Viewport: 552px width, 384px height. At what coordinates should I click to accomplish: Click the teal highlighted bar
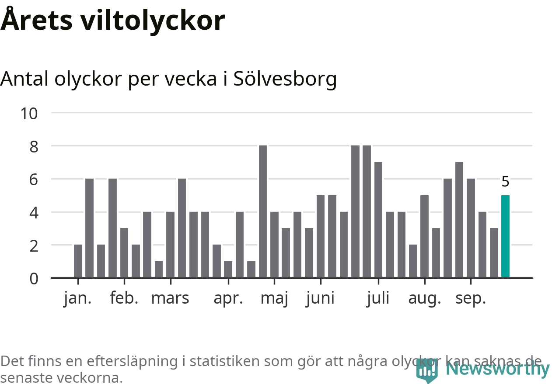tap(505, 236)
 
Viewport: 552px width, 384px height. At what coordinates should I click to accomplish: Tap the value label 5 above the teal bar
tap(505, 181)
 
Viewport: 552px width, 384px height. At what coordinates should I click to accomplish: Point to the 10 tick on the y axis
tap(29, 114)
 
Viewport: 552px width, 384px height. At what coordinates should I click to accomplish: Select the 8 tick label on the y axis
tap(34, 146)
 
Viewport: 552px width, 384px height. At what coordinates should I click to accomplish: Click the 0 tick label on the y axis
tap(34, 278)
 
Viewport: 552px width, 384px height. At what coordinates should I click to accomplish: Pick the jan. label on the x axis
tap(78, 298)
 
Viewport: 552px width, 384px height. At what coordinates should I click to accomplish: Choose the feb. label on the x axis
tap(124, 298)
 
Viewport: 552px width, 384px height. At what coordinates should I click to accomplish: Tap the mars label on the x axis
tap(170, 298)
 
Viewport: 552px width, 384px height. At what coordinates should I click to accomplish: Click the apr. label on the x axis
tap(228, 298)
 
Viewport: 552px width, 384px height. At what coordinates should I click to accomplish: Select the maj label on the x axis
tap(274, 299)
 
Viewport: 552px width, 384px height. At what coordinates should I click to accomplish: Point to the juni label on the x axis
tap(320, 299)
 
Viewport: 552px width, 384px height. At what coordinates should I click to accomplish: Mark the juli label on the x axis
tap(378, 298)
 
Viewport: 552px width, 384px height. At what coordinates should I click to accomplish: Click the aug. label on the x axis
tap(424, 299)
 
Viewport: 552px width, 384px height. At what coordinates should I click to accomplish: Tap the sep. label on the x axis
tap(471, 299)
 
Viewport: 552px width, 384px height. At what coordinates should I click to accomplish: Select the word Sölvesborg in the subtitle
tap(285, 79)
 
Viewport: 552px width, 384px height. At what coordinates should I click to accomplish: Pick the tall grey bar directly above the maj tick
tap(263, 211)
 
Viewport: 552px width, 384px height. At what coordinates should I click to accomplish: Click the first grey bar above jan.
tap(78, 261)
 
